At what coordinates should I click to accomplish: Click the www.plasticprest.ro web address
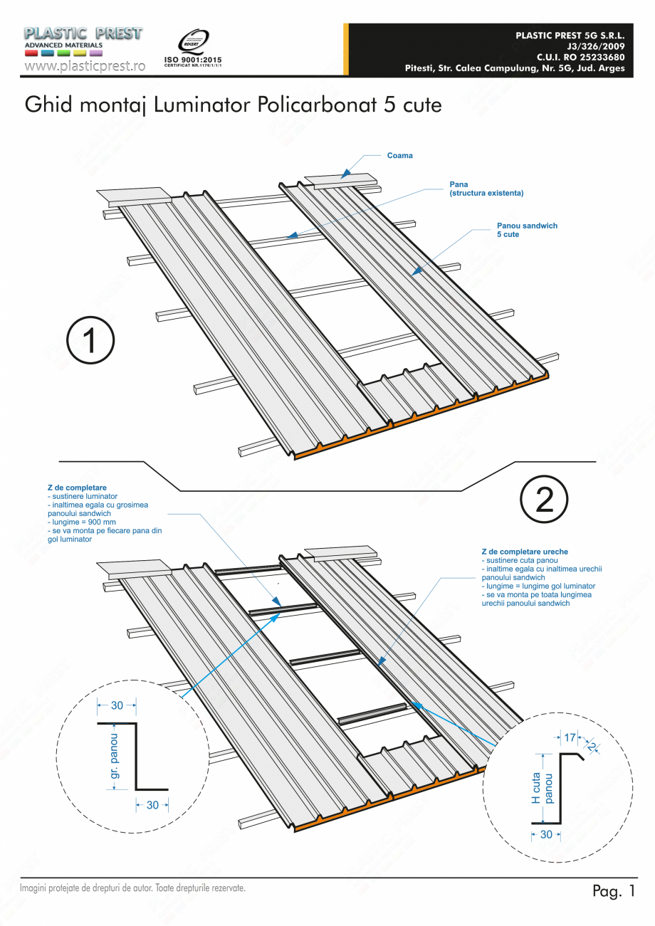pyautogui.click(x=85, y=65)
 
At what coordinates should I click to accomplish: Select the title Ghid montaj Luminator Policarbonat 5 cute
pyautogui.click(x=234, y=105)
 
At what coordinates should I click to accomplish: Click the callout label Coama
pyautogui.click(x=399, y=155)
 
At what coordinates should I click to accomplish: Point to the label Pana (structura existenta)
pyautogui.click(x=486, y=189)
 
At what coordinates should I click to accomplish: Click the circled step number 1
pyautogui.click(x=90, y=341)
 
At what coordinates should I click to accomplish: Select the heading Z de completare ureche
pyautogui.click(x=525, y=552)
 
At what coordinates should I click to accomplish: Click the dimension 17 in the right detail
pyautogui.click(x=570, y=738)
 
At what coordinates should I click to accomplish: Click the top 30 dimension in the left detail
pyautogui.click(x=117, y=705)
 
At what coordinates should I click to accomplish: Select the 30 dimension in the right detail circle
pyautogui.click(x=546, y=834)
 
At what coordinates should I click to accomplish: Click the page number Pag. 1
pyautogui.click(x=613, y=891)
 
